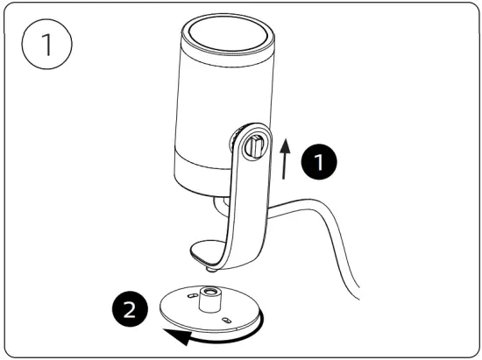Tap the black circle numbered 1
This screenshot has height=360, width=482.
(x=317, y=161)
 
